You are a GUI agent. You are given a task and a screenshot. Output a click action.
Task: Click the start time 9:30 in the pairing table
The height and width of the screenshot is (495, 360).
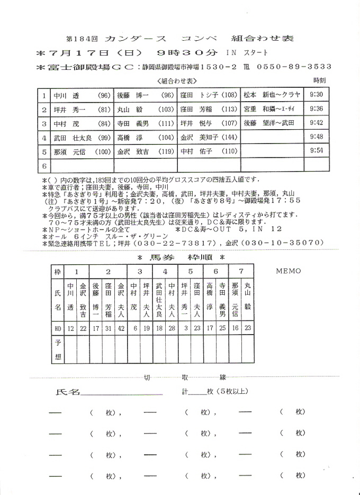pyautogui.click(x=316, y=95)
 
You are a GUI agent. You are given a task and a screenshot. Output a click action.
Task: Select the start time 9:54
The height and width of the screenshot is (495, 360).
pyautogui.click(x=316, y=150)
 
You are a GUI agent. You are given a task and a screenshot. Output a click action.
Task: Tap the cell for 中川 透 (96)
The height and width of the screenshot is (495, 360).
pyautogui.click(x=82, y=95)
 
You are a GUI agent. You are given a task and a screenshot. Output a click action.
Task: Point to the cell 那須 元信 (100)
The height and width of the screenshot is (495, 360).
pyautogui.click(x=82, y=151)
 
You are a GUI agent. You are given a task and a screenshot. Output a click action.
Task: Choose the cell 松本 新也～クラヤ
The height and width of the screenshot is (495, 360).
pyautogui.click(x=272, y=95)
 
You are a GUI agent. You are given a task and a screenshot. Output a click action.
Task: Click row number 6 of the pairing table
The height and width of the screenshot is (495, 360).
pyautogui.click(x=45, y=165)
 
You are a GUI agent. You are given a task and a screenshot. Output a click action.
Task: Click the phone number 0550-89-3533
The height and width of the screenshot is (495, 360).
pyautogui.click(x=294, y=67)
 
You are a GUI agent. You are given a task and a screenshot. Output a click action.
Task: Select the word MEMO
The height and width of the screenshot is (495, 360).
pyautogui.click(x=288, y=271)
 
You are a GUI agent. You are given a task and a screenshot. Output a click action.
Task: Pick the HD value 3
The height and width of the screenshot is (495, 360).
pyautogui.click(x=185, y=328)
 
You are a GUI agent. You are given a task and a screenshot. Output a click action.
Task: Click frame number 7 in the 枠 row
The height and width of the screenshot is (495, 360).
pyautogui.click(x=241, y=271)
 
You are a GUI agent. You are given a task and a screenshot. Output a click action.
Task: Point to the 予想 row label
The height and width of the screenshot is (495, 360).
pyautogui.click(x=58, y=349)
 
